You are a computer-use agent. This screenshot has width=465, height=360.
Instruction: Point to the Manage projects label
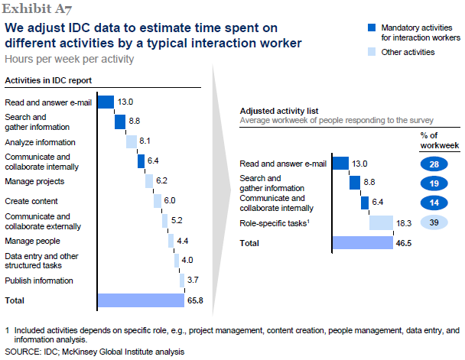point(34,181)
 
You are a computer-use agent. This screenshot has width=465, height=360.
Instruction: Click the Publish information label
point(39,281)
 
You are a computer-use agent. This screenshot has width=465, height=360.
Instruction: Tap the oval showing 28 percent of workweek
point(433,163)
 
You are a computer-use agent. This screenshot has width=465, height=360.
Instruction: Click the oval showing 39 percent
point(433,222)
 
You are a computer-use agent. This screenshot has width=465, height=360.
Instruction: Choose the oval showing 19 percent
point(433,183)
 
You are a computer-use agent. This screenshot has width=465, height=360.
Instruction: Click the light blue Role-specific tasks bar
point(381,222)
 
